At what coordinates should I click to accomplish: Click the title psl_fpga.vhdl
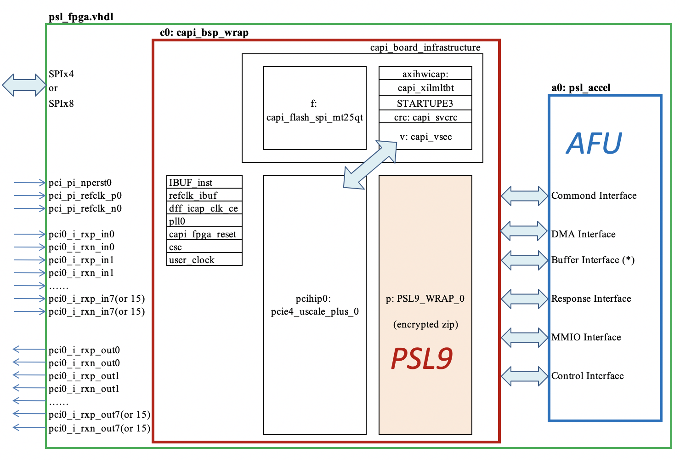click(x=81, y=17)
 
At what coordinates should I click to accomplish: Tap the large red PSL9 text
click(x=422, y=359)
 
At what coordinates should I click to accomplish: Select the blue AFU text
click(x=594, y=143)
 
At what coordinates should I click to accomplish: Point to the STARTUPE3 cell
click(x=425, y=103)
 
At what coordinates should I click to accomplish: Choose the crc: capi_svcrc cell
click(x=425, y=117)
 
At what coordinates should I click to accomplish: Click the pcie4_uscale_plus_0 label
click(x=315, y=311)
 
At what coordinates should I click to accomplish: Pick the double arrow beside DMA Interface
click(x=524, y=231)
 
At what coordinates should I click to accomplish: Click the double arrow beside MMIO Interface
click(x=524, y=337)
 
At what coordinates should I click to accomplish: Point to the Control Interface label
click(x=587, y=376)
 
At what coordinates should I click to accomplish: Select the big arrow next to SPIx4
click(x=24, y=85)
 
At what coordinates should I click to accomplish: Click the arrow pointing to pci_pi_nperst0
click(x=30, y=183)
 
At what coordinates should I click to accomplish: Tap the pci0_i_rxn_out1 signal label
click(x=84, y=389)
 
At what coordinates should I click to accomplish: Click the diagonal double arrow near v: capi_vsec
click(x=370, y=165)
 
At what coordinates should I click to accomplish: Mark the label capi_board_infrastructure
click(x=425, y=47)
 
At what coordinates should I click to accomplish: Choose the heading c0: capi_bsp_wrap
click(x=204, y=33)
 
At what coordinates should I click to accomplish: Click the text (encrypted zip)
click(x=425, y=324)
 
